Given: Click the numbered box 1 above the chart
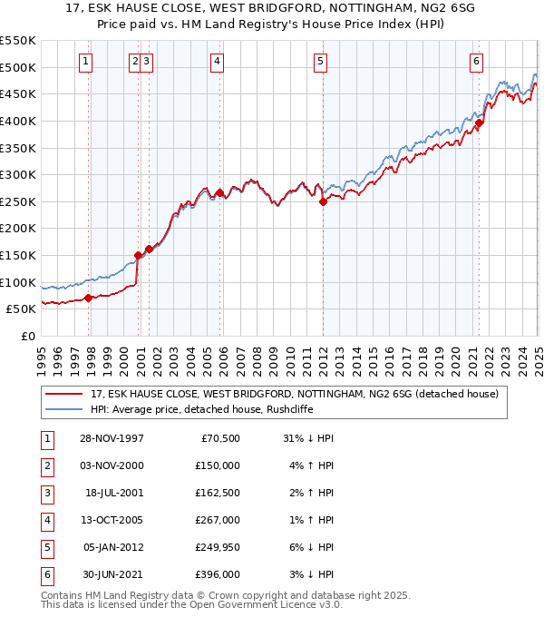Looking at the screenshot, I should (84, 62).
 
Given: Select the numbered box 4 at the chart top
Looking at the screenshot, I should (218, 62).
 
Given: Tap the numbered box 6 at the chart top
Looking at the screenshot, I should (476, 62).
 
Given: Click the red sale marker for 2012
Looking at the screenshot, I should (323, 202).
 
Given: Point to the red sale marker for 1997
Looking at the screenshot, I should (88, 298).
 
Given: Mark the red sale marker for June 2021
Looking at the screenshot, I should (479, 123).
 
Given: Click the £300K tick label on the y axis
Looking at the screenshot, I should (18, 174).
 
